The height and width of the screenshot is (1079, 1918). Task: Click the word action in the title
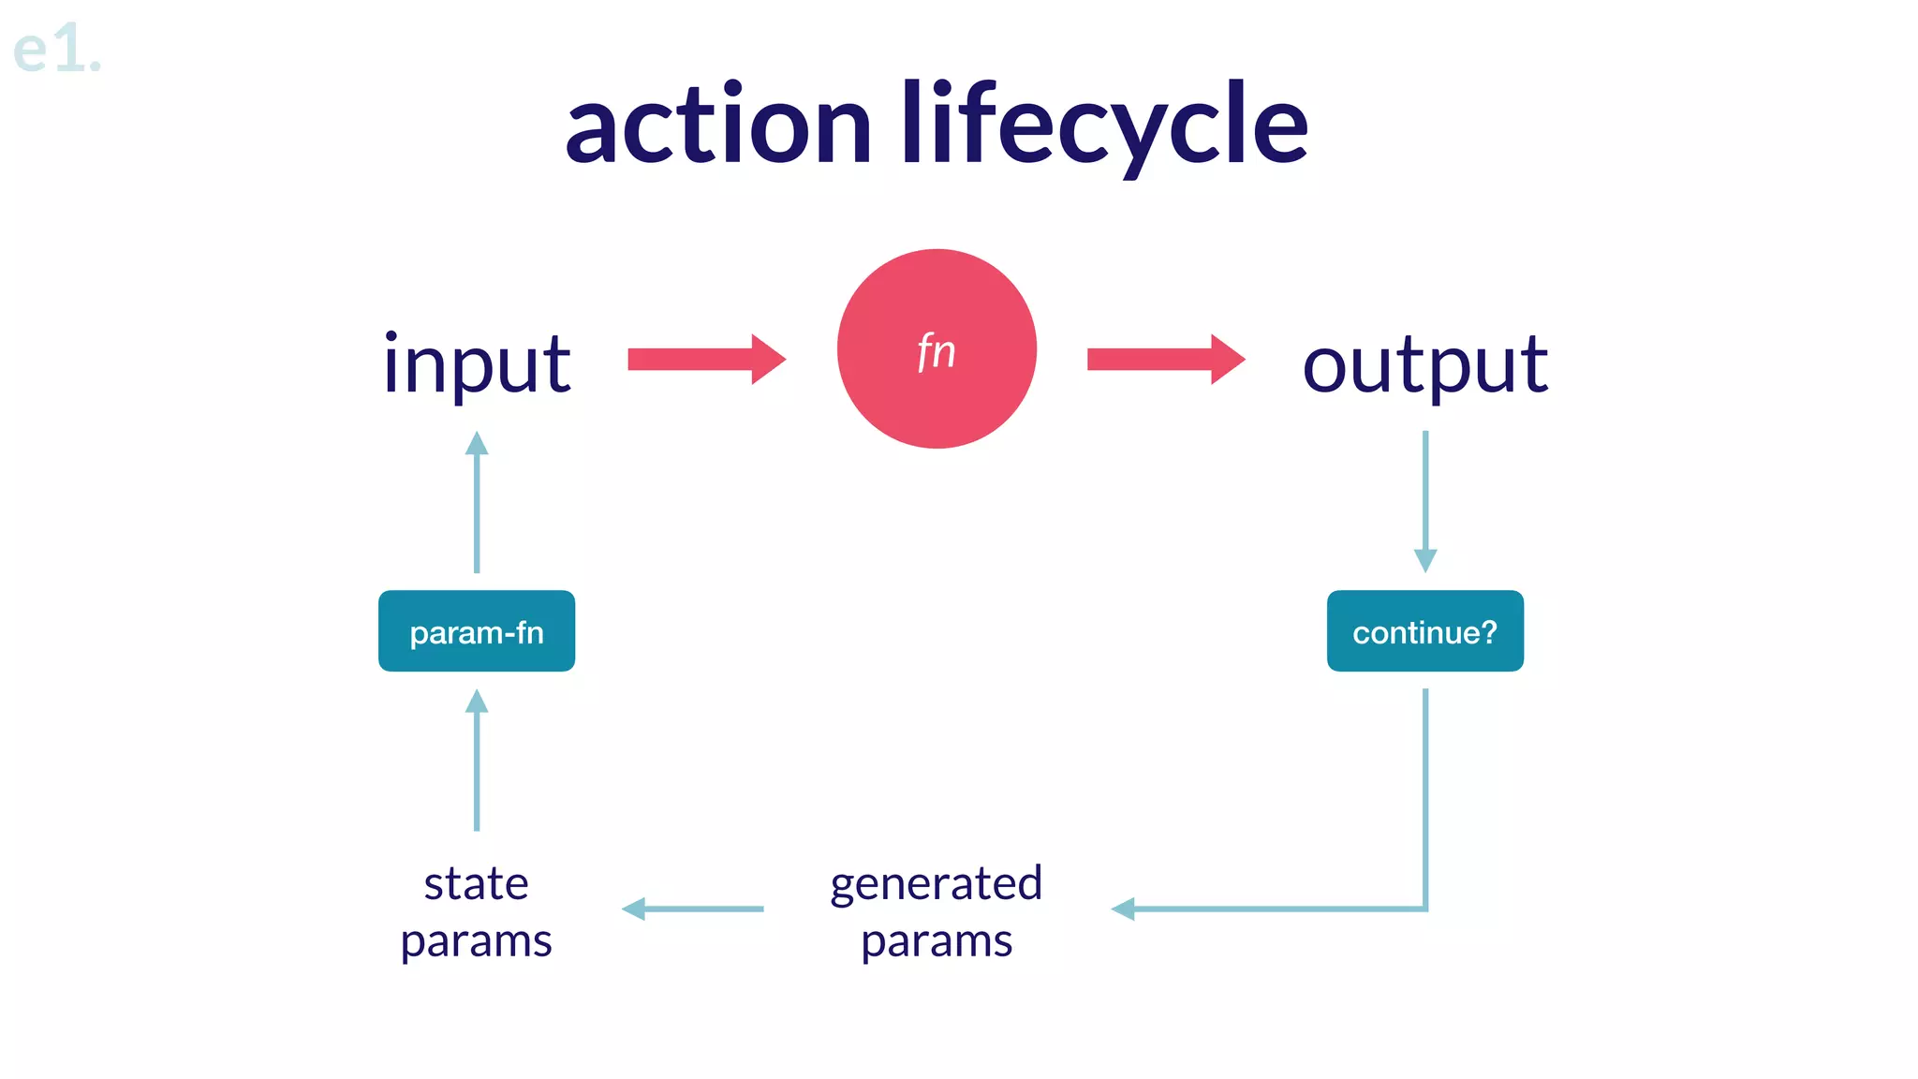pyautogui.click(x=718, y=126)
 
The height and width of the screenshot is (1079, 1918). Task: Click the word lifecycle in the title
pyautogui.click(x=1104, y=126)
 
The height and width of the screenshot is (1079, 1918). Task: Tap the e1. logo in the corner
pyautogui.click(x=56, y=49)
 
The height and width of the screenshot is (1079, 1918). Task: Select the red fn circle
pyautogui.click(x=937, y=348)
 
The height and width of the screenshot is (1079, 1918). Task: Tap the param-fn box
pyautogui.click(x=477, y=631)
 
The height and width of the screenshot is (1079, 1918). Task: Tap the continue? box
pyautogui.click(x=1424, y=631)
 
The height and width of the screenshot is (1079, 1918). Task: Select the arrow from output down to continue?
pyautogui.click(x=1424, y=502)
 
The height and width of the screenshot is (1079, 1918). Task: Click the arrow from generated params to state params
pyautogui.click(x=693, y=909)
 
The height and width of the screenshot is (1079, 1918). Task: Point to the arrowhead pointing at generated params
pyautogui.click(x=1123, y=909)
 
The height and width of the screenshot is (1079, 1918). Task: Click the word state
pyautogui.click(x=476, y=883)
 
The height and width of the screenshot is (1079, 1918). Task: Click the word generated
pyautogui.click(x=936, y=883)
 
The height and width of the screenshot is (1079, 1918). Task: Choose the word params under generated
pyautogui.click(x=937, y=941)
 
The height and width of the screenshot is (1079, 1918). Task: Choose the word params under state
pyautogui.click(x=476, y=941)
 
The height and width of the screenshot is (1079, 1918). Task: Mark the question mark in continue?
pyautogui.click(x=1488, y=631)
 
